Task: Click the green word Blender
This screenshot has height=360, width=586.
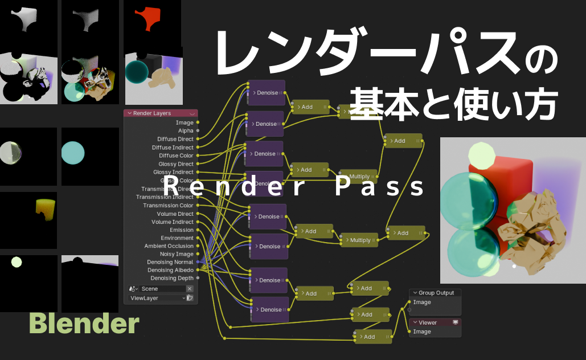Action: [x=84, y=324]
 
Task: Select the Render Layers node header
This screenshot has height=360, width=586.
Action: [x=161, y=113]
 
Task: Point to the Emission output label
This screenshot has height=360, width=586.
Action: [x=181, y=230]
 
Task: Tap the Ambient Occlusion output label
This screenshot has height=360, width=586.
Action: [x=169, y=246]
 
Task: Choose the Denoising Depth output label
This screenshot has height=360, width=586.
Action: [x=172, y=279]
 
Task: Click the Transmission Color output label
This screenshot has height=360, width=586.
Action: [x=168, y=206]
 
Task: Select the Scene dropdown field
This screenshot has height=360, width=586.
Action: [x=162, y=289]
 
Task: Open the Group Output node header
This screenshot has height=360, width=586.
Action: [x=436, y=293]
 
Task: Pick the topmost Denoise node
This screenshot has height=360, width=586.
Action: [x=267, y=92]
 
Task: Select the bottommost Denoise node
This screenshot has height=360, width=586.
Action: [x=270, y=310]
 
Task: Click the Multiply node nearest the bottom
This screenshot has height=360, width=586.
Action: [x=359, y=240]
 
